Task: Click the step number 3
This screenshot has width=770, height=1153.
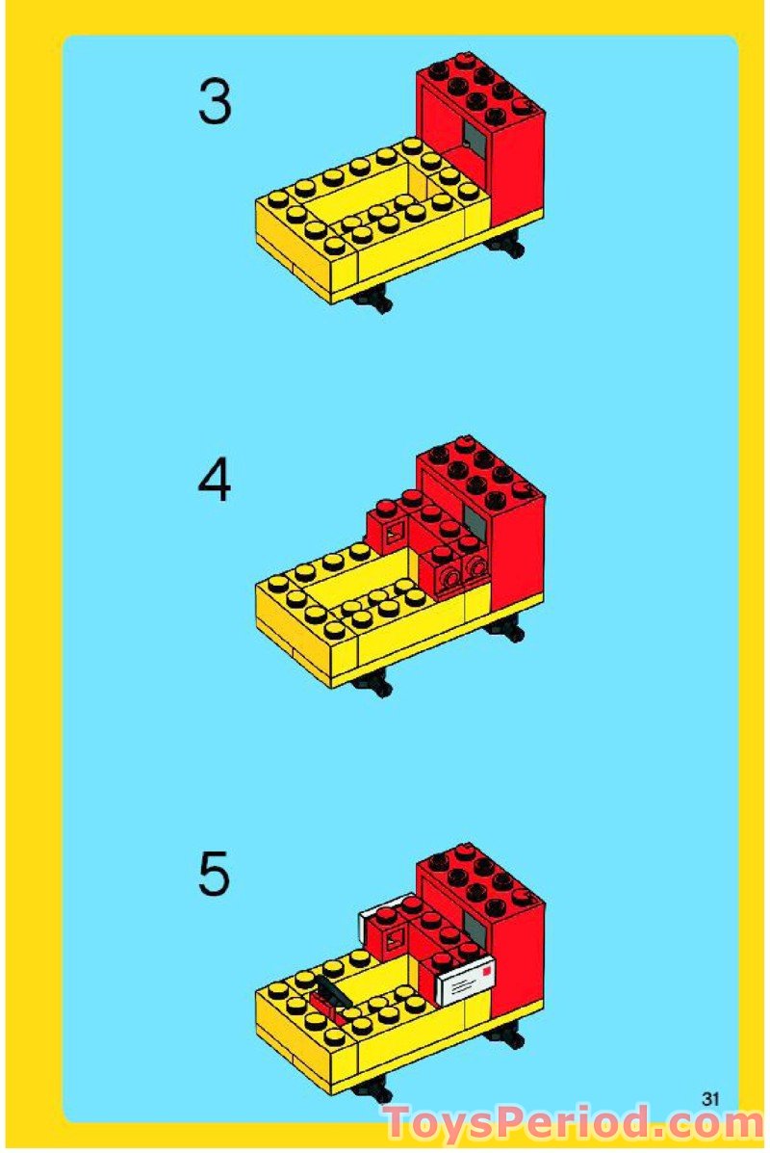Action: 215,102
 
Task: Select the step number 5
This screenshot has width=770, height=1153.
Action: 215,874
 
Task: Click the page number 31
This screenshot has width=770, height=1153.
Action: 711,1098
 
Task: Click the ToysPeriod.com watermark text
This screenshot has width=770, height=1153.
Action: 574,1124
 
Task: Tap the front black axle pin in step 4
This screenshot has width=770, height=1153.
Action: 372,686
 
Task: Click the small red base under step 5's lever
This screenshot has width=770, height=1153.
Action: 325,1011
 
